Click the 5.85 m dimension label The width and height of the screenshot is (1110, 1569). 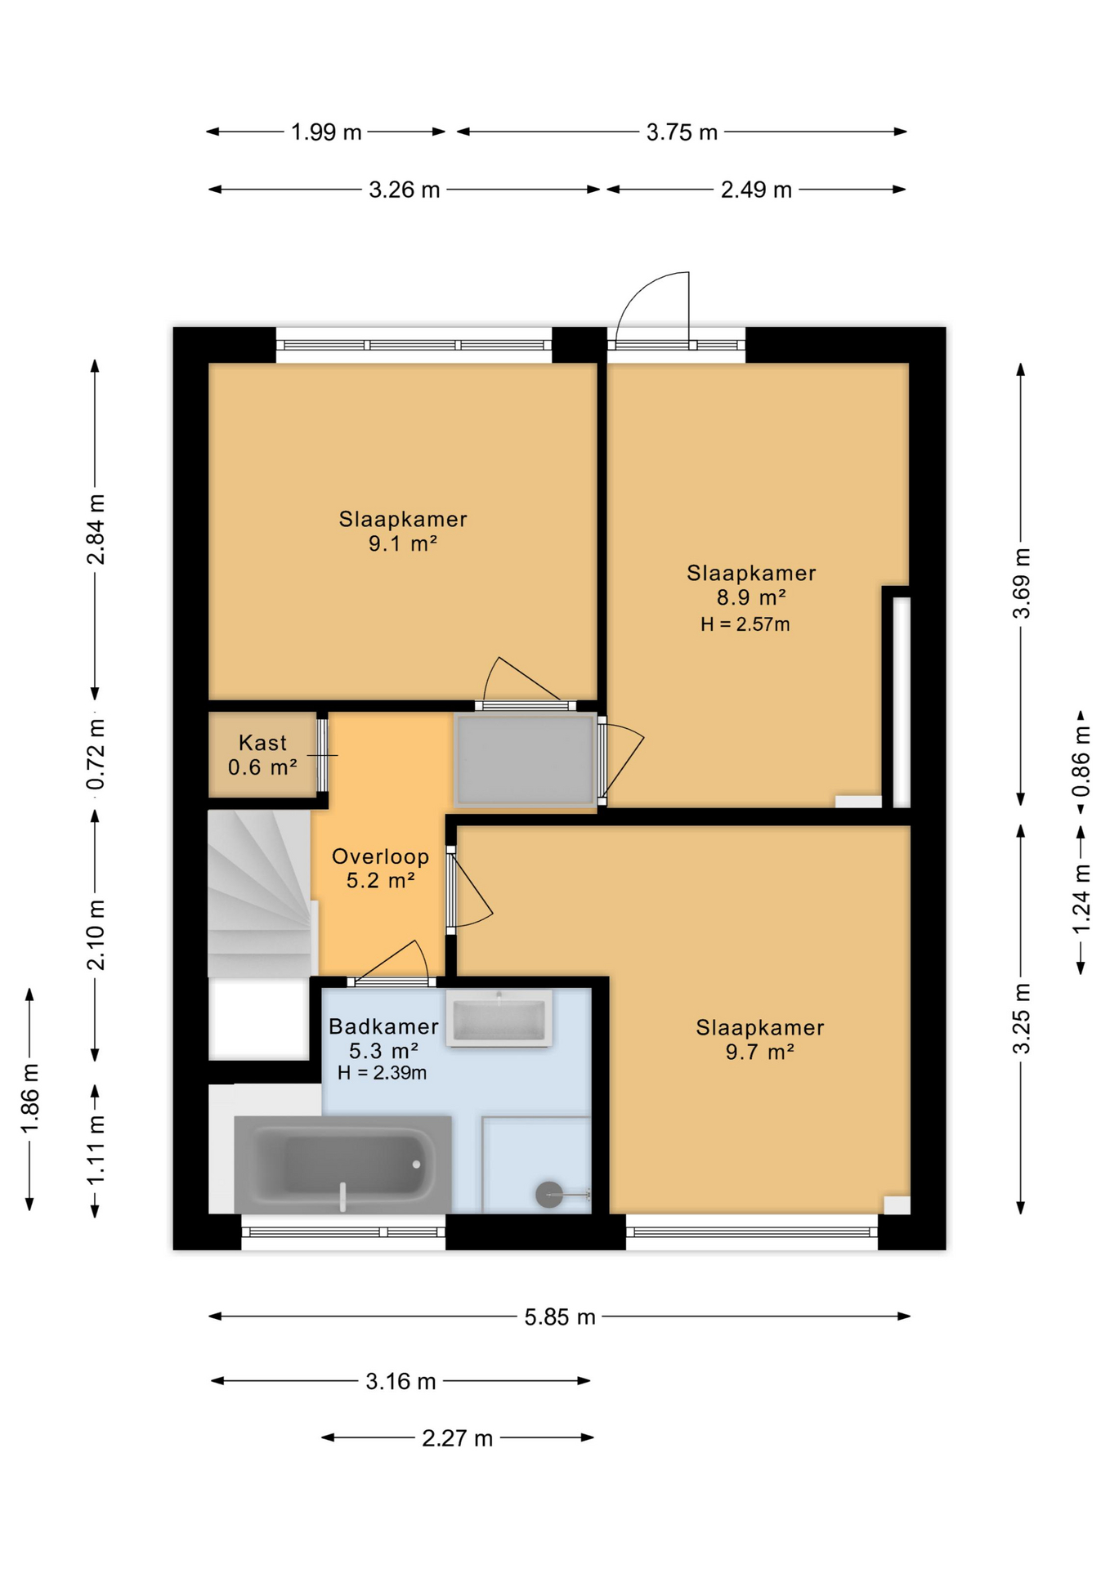[560, 1316]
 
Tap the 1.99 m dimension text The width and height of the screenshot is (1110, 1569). [326, 132]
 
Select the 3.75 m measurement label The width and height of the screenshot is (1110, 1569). [682, 132]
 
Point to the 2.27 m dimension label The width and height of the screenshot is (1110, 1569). [457, 1437]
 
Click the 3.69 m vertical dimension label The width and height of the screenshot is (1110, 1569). [1022, 583]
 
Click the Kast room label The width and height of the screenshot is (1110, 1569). [262, 743]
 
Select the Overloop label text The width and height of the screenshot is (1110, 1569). [380, 856]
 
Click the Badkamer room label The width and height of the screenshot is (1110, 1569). [383, 1026]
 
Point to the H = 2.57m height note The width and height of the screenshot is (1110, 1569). [745, 624]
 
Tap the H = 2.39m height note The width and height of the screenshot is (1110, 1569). [382, 1073]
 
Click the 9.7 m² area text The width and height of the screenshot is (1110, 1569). [759, 1052]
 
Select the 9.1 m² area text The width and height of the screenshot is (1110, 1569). [402, 543]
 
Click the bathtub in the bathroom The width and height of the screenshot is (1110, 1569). [342, 1164]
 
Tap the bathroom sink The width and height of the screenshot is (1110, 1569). [499, 1018]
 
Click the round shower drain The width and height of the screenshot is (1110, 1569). [548, 1195]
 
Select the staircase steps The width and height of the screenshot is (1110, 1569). [260, 893]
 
